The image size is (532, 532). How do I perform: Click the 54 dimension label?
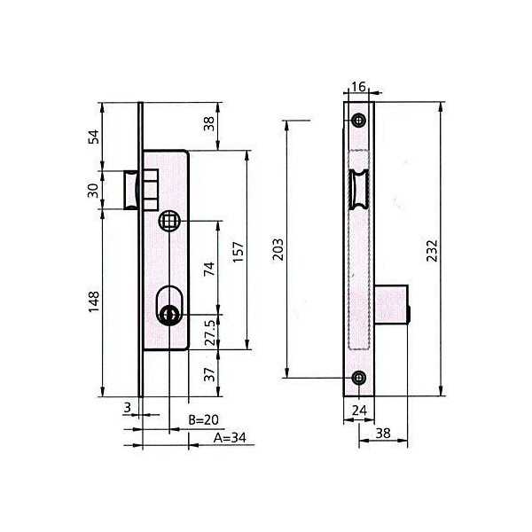(94, 137)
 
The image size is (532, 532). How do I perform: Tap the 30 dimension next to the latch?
(93, 191)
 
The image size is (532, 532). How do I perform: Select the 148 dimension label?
(94, 301)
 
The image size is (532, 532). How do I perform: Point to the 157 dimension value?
(239, 252)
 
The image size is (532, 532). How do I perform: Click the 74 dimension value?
(209, 269)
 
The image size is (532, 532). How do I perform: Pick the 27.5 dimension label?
(210, 332)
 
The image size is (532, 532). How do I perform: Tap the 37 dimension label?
(210, 374)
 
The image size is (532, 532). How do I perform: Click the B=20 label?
(204, 420)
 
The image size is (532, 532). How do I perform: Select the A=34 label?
(230, 438)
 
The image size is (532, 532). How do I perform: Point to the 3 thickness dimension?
(127, 407)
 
